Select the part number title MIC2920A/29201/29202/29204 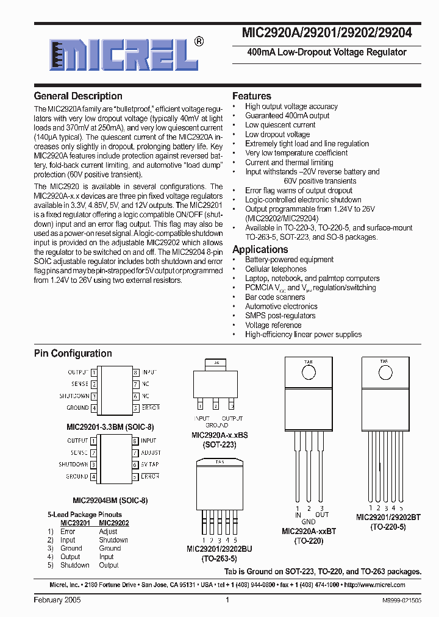tap(327, 34)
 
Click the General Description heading tap(78, 96)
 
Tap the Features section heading tap(251, 96)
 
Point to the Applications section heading tap(260, 249)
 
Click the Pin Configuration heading tap(73, 354)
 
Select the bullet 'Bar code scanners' tap(275, 297)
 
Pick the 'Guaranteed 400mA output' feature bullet tap(287, 115)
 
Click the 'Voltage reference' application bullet tap(273, 325)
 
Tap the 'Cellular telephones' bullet tap(276, 269)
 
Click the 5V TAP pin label tap(151, 465)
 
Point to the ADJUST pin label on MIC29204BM tap(151, 453)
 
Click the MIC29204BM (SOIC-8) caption tap(110, 500)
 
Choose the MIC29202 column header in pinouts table tap(113, 523)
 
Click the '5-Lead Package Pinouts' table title tap(85, 515)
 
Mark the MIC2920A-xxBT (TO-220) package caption tap(309, 535)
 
